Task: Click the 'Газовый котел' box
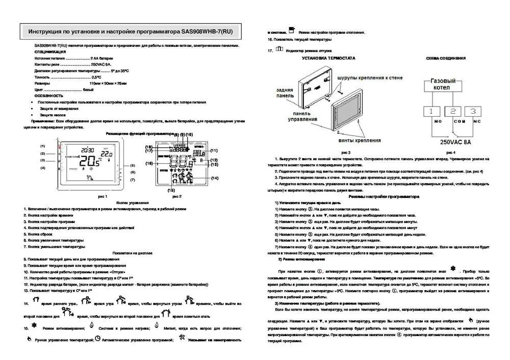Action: click(443, 86)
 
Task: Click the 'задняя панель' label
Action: click(285, 91)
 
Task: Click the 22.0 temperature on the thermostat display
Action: click(106, 153)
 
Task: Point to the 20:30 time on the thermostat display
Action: click(89, 144)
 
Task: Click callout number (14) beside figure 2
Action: click(214, 177)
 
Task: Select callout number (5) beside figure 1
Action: click(132, 165)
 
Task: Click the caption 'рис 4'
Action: click(451, 152)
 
